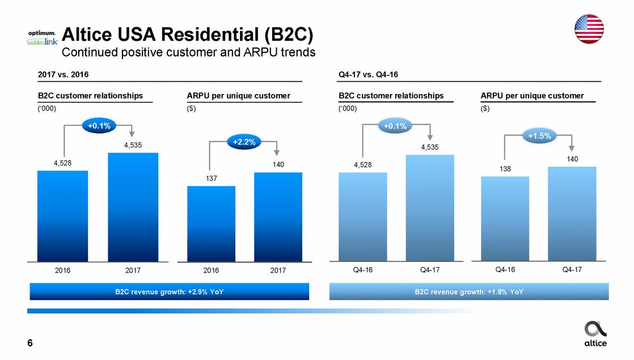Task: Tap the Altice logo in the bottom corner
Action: click(595, 334)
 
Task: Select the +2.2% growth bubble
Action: click(243, 143)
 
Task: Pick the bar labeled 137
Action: click(211, 224)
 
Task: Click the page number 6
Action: click(30, 343)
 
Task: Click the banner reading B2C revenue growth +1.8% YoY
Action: click(469, 291)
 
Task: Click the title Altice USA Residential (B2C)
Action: click(187, 36)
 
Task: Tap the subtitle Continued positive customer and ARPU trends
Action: click(188, 53)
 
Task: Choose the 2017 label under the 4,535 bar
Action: click(133, 271)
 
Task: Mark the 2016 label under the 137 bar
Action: click(211, 271)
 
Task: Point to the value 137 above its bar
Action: click(211, 179)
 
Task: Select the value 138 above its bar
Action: click(505, 169)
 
